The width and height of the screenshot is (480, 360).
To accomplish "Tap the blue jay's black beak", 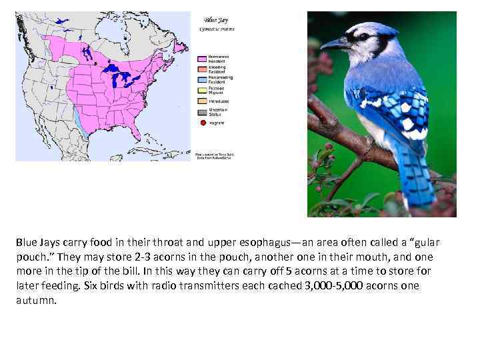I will [333, 45].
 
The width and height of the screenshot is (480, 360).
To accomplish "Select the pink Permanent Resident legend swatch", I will [202, 58].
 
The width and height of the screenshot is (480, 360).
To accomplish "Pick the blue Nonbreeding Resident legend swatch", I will [202, 78].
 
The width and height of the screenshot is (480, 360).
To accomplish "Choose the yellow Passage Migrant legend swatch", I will [202, 89].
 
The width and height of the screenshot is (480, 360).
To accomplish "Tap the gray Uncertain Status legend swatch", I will [202, 110].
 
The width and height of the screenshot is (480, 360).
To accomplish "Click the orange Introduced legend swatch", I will [202, 99].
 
